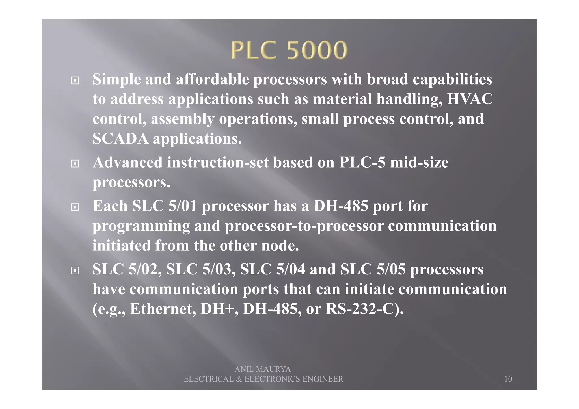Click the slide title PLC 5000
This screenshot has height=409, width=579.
coord(289,50)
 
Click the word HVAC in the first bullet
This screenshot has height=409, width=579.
coord(470,99)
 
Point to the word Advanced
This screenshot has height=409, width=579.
coord(128,163)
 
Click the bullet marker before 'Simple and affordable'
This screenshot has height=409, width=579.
coord(75,81)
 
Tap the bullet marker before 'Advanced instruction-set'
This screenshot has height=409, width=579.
coord(75,164)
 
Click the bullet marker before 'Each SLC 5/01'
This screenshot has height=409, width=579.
coord(75,207)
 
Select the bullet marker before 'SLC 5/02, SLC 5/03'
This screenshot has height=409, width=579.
coord(75,270)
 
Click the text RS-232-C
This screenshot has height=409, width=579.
coord(362,309)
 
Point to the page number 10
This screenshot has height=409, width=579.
coord(508,379)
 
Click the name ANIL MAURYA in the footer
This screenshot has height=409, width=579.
coord(263,369)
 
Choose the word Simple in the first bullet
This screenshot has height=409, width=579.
coord(116,79)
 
